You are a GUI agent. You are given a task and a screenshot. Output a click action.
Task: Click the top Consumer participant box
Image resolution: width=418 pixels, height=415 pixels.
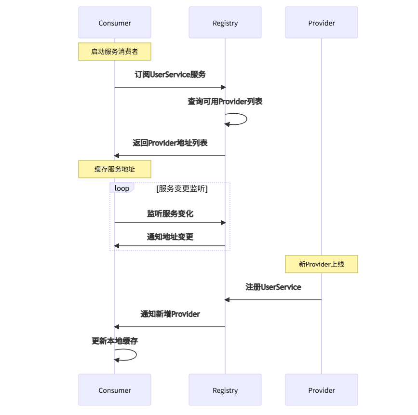[115, 23]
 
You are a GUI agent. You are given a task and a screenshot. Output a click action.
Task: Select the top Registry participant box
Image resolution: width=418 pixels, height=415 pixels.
[225, 23]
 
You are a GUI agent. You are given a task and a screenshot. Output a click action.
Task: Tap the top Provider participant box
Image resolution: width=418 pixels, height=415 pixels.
[322, 23]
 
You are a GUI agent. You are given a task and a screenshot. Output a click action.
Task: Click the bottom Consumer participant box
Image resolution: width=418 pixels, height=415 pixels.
[115, 390]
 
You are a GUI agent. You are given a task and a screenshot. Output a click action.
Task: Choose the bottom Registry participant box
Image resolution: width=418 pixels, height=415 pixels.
[225, 390]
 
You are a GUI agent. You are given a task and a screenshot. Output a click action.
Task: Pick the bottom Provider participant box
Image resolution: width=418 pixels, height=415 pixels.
[322, 390]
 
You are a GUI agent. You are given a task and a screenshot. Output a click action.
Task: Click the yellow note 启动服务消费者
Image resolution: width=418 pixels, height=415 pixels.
[115, 52]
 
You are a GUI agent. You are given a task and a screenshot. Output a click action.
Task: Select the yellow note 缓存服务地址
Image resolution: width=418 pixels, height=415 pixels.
[115, 169]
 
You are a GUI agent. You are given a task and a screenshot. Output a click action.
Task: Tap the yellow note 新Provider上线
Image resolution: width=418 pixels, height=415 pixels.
[322, 264]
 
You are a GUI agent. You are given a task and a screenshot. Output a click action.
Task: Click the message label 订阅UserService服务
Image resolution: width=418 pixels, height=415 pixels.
[170, 75]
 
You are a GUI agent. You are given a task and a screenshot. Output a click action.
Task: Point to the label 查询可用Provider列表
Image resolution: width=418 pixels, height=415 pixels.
[225, 102]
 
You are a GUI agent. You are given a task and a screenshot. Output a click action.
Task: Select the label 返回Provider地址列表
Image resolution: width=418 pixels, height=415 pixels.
[170, 143]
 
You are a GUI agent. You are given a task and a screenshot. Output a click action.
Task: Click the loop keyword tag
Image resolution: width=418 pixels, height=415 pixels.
[121, 188]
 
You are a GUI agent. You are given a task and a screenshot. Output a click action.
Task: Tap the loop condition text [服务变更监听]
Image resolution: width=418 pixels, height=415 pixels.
[182, 189]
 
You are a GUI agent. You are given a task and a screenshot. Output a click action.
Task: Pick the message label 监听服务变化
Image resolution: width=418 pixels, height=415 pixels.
[170, 214]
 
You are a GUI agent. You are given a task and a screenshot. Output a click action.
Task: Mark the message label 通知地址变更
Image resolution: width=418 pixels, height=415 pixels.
[170, 237]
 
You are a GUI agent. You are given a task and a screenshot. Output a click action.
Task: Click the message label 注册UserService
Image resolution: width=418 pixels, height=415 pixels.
[273, 287]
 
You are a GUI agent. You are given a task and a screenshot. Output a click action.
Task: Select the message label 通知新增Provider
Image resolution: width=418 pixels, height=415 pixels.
[170, 314]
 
